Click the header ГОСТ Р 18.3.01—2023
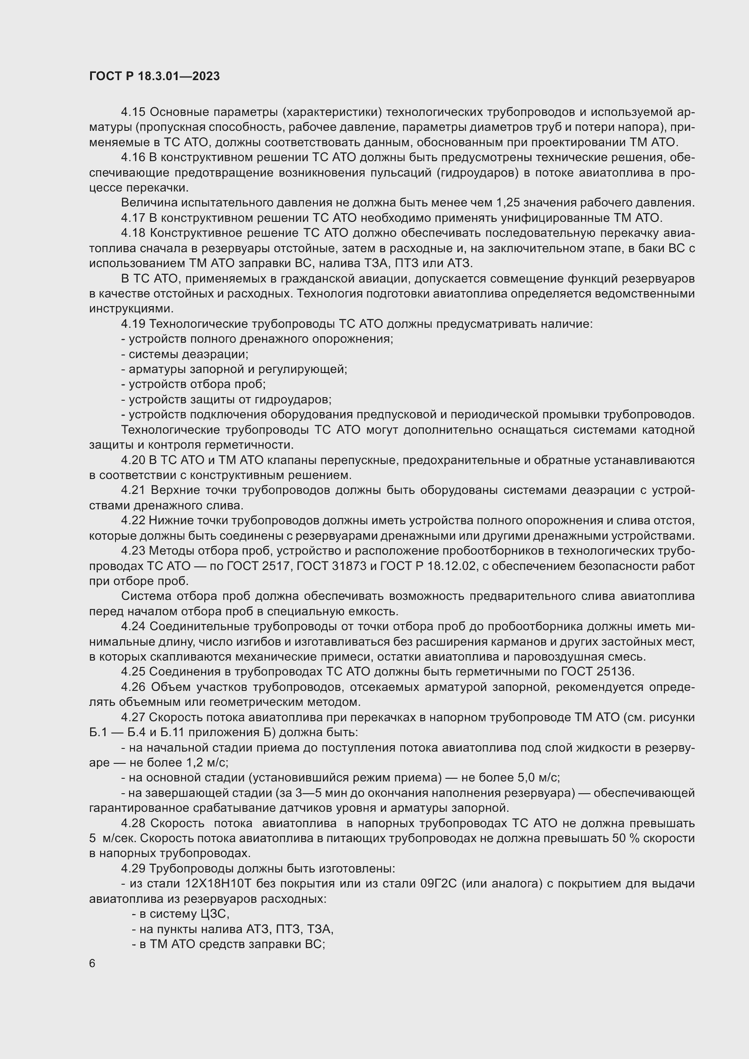click(x=154, y=77)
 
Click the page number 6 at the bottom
click(x=92, y=963)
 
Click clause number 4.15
click(x=133, y=112)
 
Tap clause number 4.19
click(x=133, y=324)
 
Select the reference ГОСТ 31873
click(x=331, y=566)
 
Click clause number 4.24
click(x=133, y=626)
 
